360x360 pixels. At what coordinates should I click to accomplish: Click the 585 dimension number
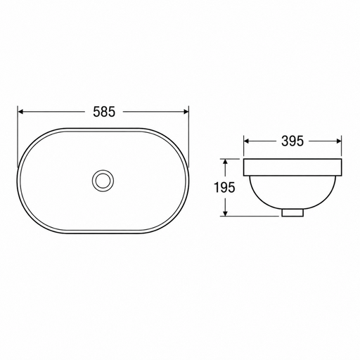[104, 112]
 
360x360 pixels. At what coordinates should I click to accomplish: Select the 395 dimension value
[292, 141]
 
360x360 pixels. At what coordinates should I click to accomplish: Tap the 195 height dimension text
[224, 187]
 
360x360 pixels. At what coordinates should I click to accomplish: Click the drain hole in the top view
[103, 181]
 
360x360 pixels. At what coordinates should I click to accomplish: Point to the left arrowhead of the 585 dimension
[20, 112]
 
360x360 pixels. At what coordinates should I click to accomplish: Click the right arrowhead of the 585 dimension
[186, 112]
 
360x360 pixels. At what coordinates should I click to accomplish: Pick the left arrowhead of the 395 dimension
[246, 141]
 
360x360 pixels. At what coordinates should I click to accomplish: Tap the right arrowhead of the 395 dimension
[339, 141]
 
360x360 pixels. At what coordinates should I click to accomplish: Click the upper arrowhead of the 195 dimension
[225, 162]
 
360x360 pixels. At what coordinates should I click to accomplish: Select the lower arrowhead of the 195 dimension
[225, 213]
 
